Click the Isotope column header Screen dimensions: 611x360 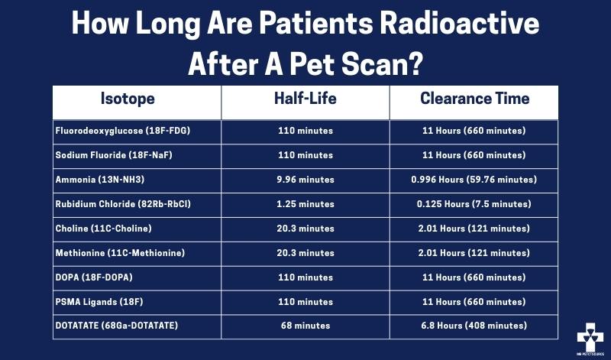point(128,99)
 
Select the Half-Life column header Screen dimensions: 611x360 point(305,99)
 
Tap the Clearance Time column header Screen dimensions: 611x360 point(474,99)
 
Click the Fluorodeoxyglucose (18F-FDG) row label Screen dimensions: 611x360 point(123,131)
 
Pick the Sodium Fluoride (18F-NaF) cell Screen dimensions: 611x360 point(114,155)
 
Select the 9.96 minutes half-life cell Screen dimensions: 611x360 point(305,180)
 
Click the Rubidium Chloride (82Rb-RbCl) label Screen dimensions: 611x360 point(123,204)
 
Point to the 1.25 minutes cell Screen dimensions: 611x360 point(305,204)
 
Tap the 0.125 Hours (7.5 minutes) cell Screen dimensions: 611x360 point(474,204)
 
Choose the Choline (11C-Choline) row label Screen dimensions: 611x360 point(103,229)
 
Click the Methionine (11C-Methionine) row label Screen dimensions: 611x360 point(120,253)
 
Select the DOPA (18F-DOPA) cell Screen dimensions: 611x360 point(94,277)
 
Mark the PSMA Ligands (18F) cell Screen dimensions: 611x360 point(99,302)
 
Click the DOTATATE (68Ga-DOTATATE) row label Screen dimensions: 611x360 point(117,326)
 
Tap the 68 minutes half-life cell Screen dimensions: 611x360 point(305,326)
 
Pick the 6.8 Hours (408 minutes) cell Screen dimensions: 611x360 point(474,326)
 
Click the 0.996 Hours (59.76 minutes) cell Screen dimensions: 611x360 point(474,180)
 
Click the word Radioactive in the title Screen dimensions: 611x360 point(460,24)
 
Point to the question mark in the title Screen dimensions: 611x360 point(415,64)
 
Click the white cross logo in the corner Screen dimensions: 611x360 point(590,337)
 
